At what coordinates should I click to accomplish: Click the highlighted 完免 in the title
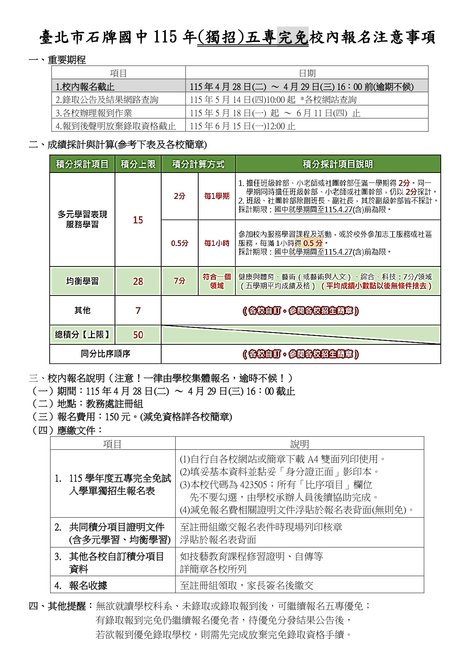pos(293,37)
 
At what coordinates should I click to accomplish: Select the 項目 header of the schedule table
pos(118,73)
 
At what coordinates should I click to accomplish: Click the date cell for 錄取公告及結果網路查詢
pos(273,100)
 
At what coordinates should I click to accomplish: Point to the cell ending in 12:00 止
pos(243,126)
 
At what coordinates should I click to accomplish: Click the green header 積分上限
pos(138,164)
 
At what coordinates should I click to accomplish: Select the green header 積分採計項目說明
pos(338,164)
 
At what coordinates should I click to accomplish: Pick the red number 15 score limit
pos(138,220)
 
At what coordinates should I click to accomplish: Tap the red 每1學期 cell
pos(217,196)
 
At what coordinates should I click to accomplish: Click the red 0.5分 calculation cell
pos(180,243)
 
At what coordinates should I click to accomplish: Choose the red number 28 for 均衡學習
pos(138,281)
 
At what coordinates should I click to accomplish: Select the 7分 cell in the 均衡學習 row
pos(180,281)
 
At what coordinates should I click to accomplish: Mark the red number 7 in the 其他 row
pos(138,311)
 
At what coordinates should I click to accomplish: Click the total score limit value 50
pos(138,335)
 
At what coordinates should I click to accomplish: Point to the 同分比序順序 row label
pos(105,354)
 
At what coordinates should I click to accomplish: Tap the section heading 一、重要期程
pos(57,60)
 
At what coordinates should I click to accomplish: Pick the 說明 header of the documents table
pos(299,444)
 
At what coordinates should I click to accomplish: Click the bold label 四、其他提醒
pos(61,606)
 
